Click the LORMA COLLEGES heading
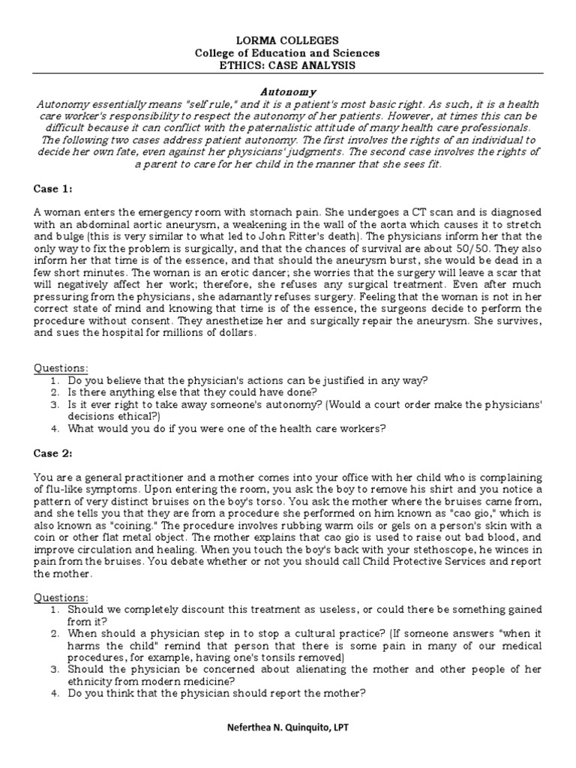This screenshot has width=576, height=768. pos(288,40)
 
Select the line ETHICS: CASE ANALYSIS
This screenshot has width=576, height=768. pos(288,66)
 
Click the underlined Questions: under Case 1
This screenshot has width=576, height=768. pos(61,367)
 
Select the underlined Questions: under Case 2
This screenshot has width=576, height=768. pos(61,598)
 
